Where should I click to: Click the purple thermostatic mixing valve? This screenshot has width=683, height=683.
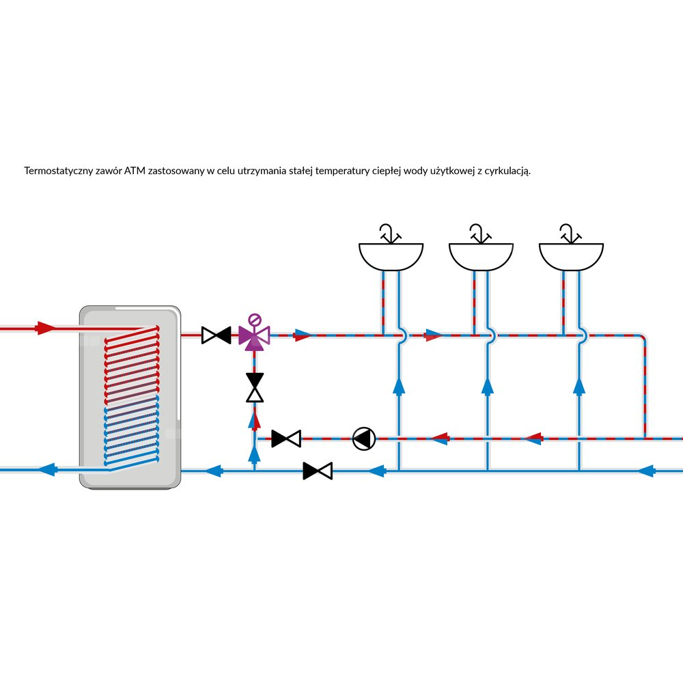coord(254,335)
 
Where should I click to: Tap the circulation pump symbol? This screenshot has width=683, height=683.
coord(363,438)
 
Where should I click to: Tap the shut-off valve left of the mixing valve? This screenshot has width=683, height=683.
coord(217,335)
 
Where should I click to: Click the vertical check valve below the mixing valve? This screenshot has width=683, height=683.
coord(255,387)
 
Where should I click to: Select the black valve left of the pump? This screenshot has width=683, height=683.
coord(286,438)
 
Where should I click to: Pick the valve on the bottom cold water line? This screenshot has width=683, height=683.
coord(318,471)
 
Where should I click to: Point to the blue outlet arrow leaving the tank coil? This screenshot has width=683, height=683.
coord(46,470)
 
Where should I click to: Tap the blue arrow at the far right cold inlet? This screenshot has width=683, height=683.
coord(645,471)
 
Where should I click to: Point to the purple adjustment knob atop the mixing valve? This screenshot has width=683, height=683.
coord(255,318)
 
